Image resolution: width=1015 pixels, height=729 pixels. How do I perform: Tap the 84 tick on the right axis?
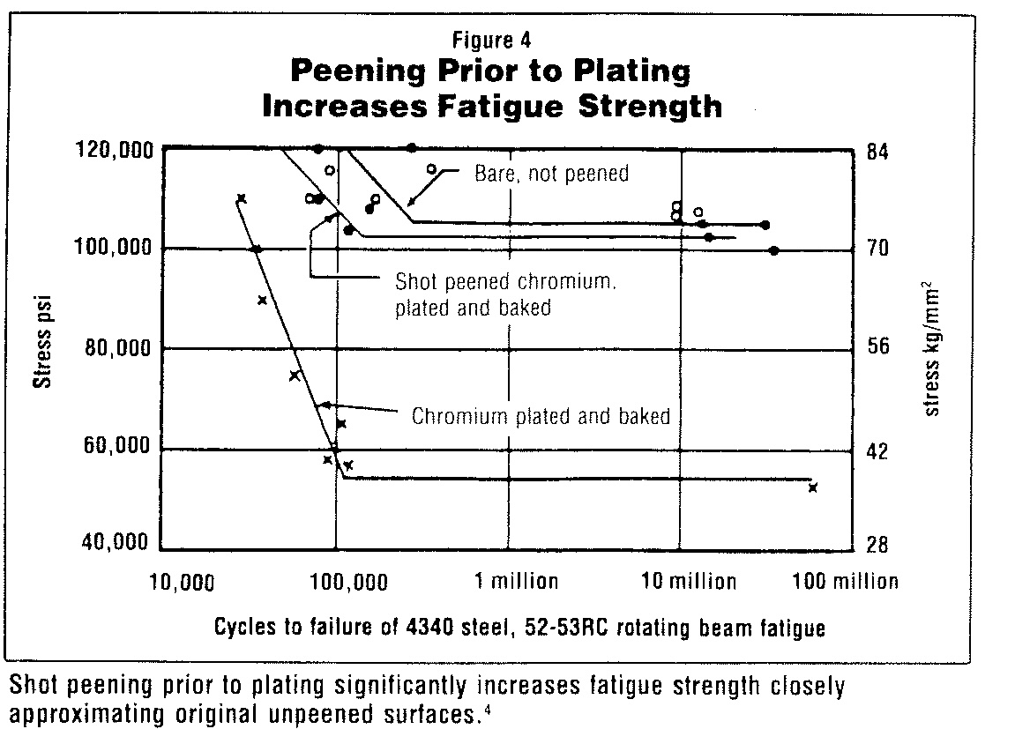point(877,151)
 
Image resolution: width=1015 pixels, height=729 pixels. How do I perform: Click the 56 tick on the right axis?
point(877,346)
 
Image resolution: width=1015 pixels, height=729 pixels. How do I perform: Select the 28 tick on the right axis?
point(877,545)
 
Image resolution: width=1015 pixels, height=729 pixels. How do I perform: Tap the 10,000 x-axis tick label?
point(176,582)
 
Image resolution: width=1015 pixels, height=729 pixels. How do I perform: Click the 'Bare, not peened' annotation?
point(552,173)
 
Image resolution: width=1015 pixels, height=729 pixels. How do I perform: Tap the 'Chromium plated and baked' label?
point(541,416)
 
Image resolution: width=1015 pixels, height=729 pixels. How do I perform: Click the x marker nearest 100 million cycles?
point(813,487)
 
